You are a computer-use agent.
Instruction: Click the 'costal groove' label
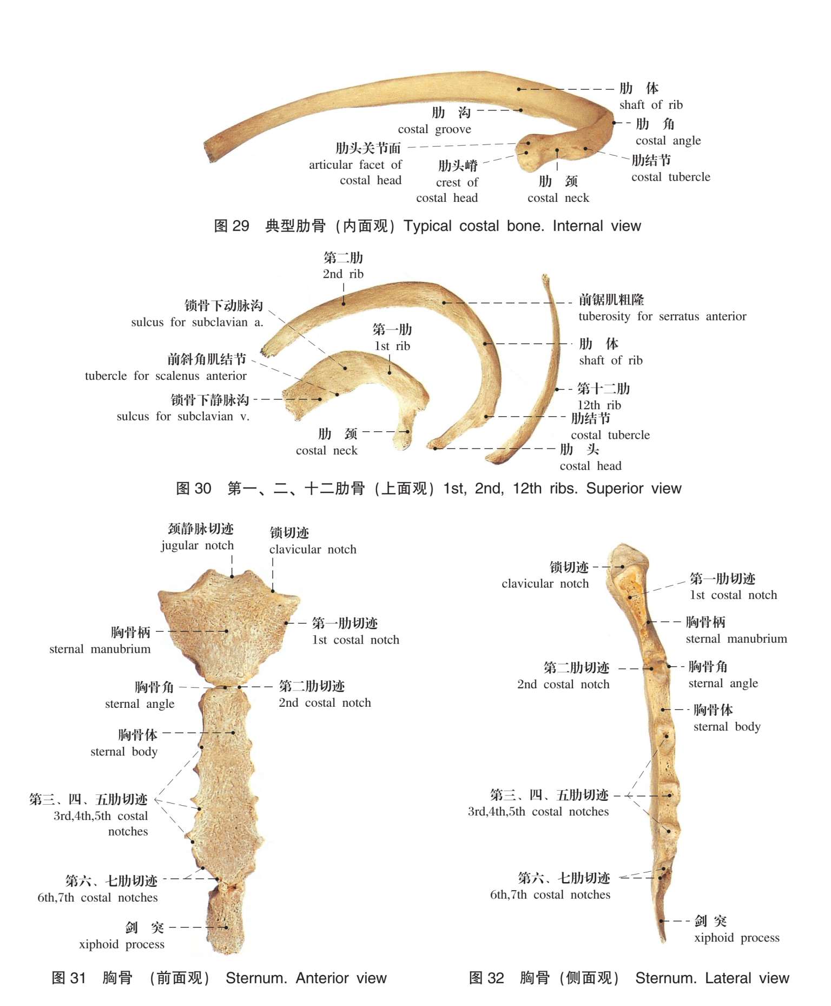coord(434,129)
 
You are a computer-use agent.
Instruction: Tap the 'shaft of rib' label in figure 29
coord(651,105)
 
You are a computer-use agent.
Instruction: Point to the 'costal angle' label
coord(668,141)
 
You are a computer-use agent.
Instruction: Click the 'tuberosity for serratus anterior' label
coord(662,317)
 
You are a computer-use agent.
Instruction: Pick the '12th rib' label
coord(599,405)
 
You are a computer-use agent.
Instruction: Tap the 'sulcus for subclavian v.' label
coord(183,417)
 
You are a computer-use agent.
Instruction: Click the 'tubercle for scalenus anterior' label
coord(166,376)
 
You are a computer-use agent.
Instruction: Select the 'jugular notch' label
coord(197,545)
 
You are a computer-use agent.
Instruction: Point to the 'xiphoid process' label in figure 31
coord(122,944)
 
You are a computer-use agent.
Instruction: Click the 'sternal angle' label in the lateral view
coord(723,683)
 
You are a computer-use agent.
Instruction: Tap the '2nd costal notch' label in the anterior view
coord(325,703)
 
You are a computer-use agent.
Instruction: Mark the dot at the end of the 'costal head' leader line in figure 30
coord(436,448)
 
